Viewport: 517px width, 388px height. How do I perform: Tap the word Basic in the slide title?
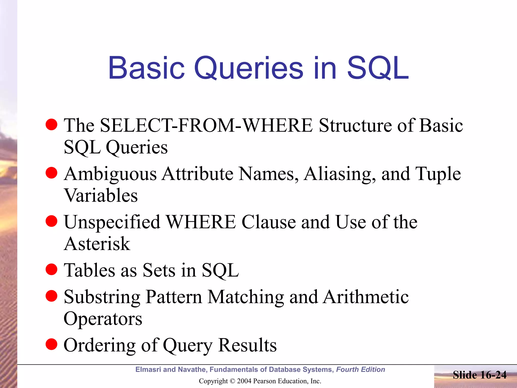146,68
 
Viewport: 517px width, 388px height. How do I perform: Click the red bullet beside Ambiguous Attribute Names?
51,173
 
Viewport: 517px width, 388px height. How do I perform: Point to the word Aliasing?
340,174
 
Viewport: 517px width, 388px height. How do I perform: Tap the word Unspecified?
112,222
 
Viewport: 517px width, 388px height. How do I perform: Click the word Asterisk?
97,244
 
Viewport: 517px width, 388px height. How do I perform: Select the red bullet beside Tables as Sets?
51,269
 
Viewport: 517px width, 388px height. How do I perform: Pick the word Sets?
159,270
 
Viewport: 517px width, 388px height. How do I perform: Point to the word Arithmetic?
366,297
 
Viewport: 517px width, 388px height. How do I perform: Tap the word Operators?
103,319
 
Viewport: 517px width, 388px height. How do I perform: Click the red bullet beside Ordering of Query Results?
51,344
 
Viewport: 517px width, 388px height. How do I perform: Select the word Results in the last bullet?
247,345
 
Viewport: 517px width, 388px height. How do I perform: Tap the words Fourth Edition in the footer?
360,370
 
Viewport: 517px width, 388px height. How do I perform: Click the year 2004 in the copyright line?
244,381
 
